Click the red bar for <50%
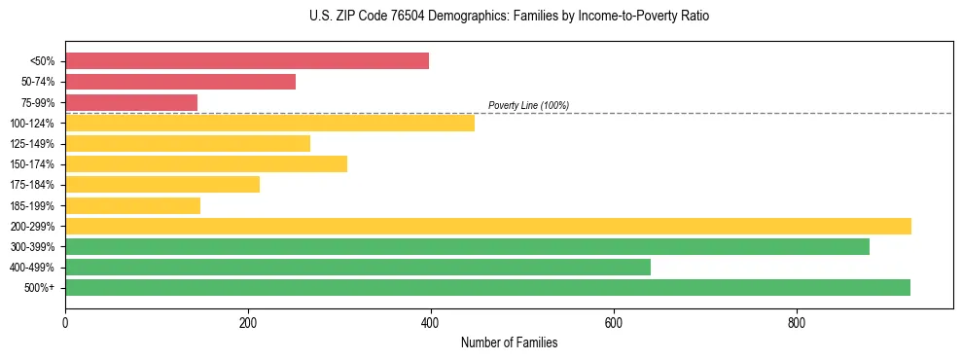[247, 61]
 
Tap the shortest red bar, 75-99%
[131, 102]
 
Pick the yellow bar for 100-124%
[269, 123]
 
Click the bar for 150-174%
[206, 163]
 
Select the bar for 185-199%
[132, 205]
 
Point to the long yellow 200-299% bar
[488, 226]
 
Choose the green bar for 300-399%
[467, 246]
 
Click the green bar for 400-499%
[358, 267]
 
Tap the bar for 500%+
[487, 287]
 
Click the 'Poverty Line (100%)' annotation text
[528, 105]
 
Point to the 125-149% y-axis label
[32, 144]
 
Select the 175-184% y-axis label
[32, 185]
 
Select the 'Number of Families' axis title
[509, 342]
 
